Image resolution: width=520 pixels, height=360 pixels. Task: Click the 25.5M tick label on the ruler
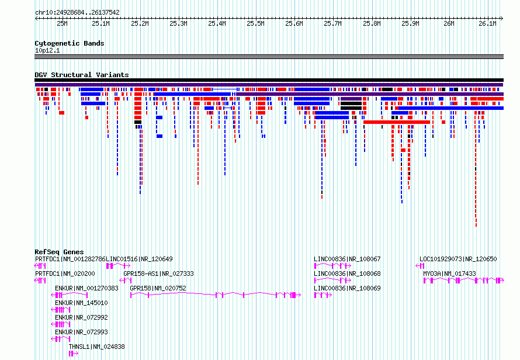(x=255, y=23)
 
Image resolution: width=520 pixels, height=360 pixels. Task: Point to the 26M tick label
(x=449, y=23)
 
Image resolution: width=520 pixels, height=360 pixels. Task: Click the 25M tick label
(x=62, y=23)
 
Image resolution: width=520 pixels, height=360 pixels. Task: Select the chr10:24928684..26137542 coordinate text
(x=77, y=12)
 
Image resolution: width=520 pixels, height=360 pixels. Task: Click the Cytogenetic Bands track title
(x=70, y=43)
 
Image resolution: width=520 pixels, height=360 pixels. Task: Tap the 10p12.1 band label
(x=47, y=50)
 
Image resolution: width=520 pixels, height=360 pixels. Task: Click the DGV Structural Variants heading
(x=82, y=75)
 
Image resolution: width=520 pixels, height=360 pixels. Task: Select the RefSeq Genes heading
(x=59, y=252)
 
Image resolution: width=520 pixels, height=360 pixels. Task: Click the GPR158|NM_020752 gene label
(x=158, y=288)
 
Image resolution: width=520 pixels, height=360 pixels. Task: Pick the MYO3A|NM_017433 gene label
(x=449, y=274)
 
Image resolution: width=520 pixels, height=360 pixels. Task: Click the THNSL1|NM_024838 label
(x=96, y=347)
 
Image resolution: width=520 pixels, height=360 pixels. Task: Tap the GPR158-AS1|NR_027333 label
(x=158, y=274)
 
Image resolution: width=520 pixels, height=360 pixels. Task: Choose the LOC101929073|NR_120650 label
(x=458, y=259)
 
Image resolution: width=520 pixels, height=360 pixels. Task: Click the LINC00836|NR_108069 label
(x=347, y=288)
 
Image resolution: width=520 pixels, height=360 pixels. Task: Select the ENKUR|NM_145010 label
(x=81, y=303)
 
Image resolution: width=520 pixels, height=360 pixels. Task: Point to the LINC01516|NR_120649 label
(x=139, y=259)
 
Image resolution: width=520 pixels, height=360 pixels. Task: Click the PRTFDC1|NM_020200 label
(x=65, y=274)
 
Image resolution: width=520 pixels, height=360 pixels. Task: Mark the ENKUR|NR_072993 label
(x=81, y=332)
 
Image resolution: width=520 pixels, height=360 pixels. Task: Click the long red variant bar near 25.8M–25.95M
(x=397, y=122)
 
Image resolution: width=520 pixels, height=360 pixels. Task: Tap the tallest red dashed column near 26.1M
(x=476, y=169)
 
